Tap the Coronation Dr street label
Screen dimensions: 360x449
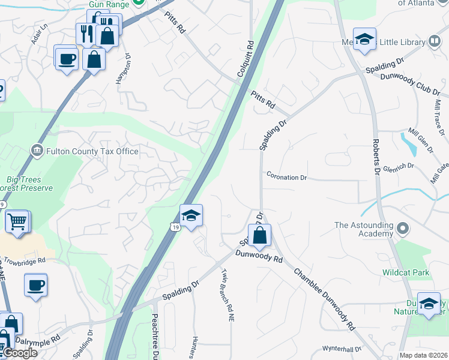click(x=286, y=178)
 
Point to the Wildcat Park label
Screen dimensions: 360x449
click(x=406, y=272)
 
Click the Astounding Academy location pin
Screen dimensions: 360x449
click(x=403, y=229)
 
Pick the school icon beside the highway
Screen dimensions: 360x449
click(x=191, y=215)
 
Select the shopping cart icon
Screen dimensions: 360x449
click(x=17, y=221)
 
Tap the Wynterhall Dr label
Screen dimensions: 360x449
click(x=342, y=349)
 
